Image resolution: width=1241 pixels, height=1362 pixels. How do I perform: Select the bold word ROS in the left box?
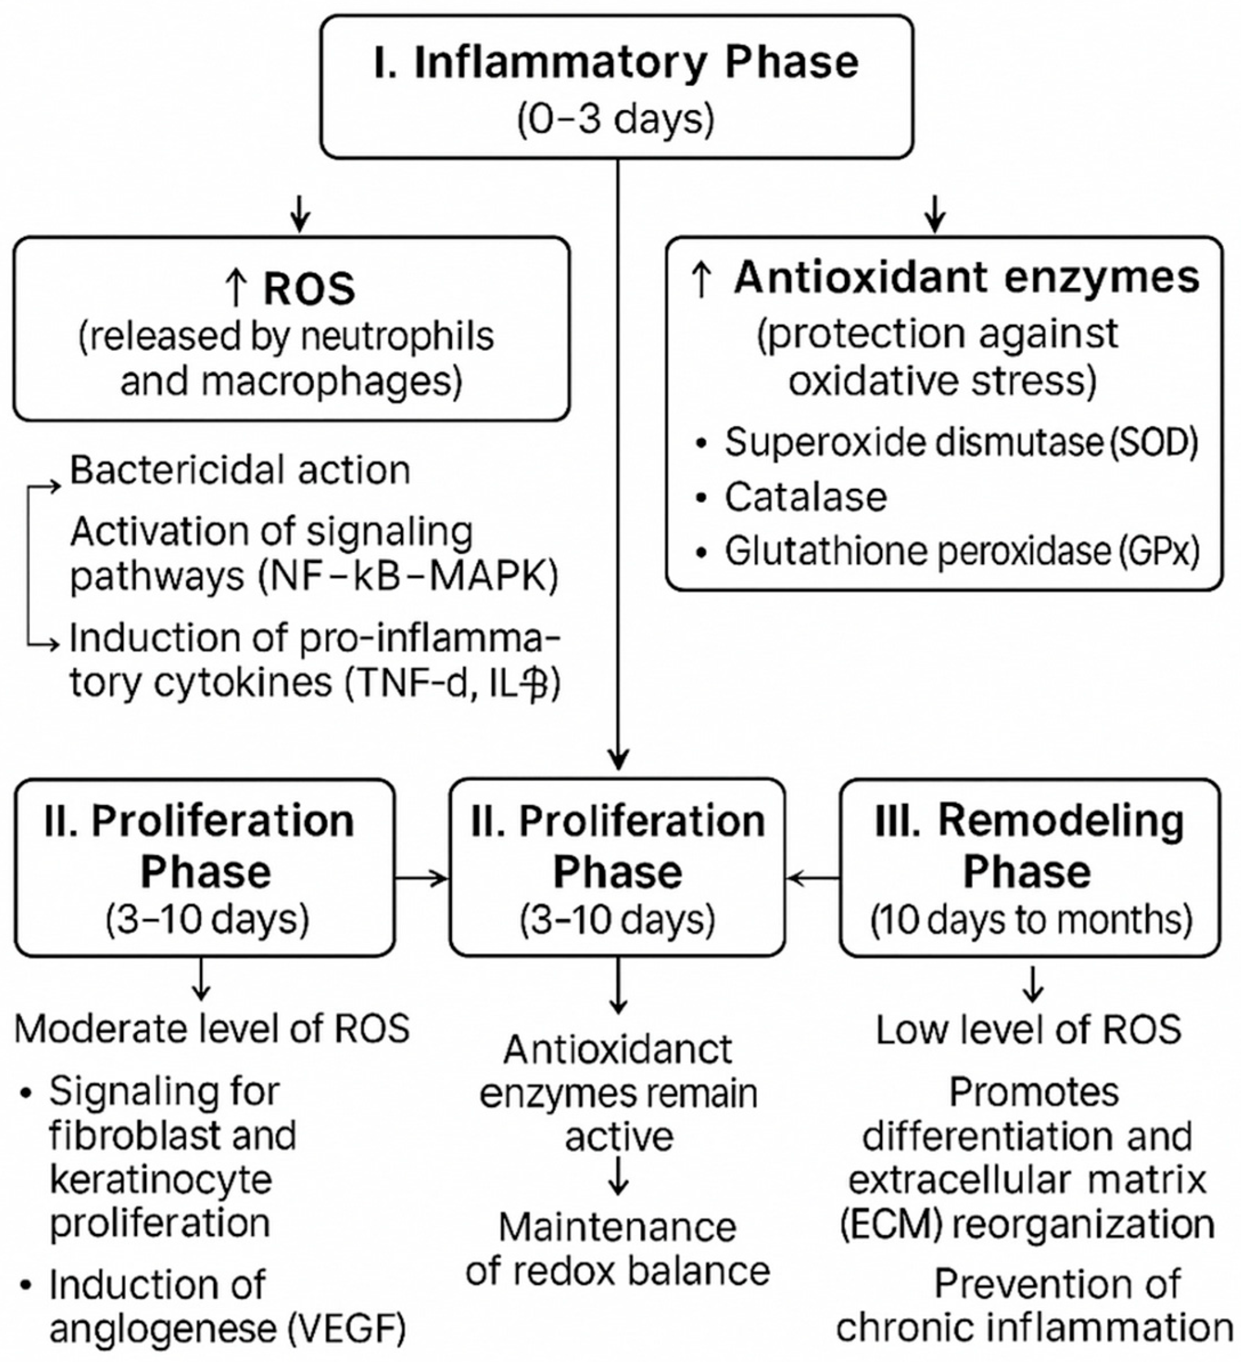tap(309, 289)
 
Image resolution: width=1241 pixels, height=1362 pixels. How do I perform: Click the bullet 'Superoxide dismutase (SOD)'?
tap(960, 443)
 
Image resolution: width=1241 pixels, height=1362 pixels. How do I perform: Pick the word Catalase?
tap(806, 497)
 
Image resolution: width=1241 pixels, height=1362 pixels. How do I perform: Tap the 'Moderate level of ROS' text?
tap(212, 1029)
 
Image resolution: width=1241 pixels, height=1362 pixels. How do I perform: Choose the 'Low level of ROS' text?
tap(1029, 1029)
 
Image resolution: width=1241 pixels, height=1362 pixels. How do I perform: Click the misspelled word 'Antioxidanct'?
tap(618, 1050)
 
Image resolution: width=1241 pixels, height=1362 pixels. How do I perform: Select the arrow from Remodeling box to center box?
tap(812, 878)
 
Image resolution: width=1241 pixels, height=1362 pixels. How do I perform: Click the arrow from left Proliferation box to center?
tap(422, 878)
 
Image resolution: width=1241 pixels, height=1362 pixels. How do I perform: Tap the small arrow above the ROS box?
tap(300, 215)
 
